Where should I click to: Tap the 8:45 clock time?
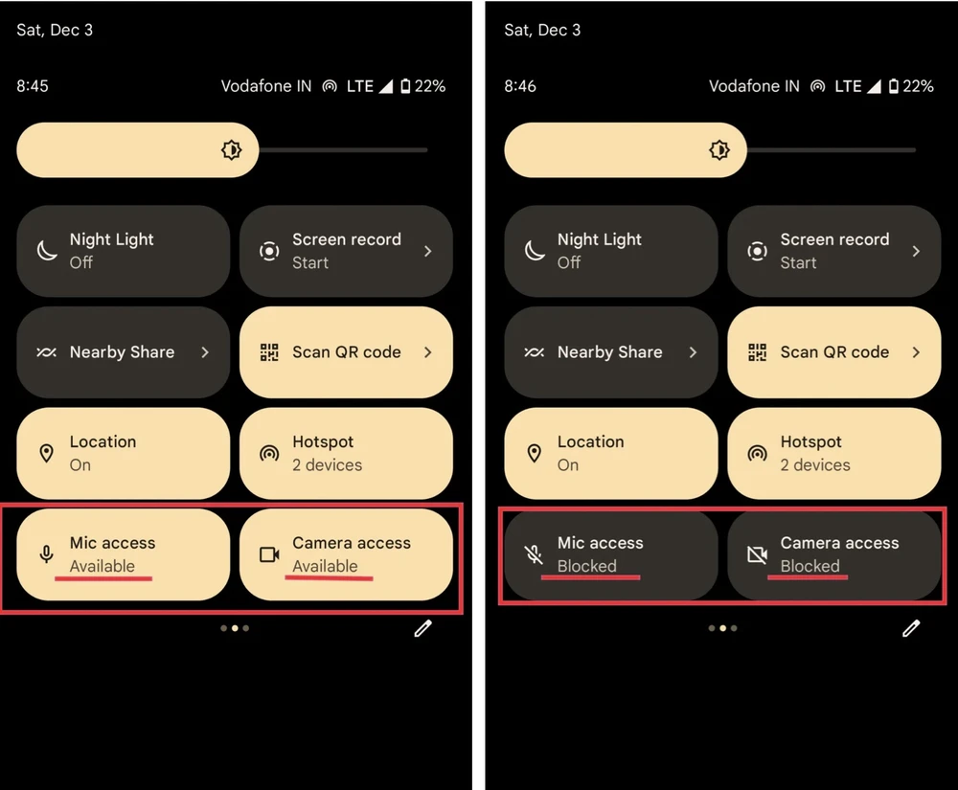33,86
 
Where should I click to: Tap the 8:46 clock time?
520,86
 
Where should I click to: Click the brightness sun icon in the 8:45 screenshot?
232,149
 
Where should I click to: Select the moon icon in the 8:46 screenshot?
535,250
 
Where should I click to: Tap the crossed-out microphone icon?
534,554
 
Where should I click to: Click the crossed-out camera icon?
757,554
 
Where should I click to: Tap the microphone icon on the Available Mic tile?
46,554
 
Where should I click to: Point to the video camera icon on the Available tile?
269,554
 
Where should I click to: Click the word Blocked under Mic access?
586,566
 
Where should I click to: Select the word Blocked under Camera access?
810,566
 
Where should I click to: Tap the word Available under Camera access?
325,566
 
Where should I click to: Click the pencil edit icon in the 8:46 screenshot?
911,628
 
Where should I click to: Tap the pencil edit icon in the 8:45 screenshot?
422,628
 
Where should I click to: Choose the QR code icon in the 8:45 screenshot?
269,352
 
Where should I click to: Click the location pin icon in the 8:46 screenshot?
534,453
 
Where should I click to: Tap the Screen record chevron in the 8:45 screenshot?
427,251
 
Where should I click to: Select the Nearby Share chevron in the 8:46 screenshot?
693,352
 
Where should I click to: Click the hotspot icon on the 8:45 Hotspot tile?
269,453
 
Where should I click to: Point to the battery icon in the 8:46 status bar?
893,86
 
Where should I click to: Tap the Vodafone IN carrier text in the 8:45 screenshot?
265,86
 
